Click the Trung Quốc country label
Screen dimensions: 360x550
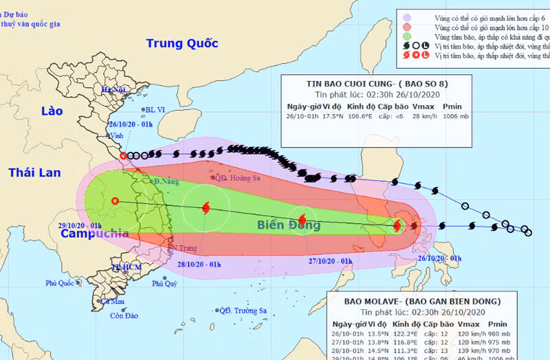[x=182, y=43]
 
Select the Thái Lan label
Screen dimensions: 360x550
[x=34, y=172]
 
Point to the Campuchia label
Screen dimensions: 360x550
[x=94, y=234]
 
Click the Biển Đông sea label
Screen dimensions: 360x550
[x=289, y=225]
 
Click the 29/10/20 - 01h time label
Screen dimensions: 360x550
[x=80, y=225]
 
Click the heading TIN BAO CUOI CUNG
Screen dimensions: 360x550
[x=350, y=84]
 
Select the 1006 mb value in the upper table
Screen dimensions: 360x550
[x=454, y=117]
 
